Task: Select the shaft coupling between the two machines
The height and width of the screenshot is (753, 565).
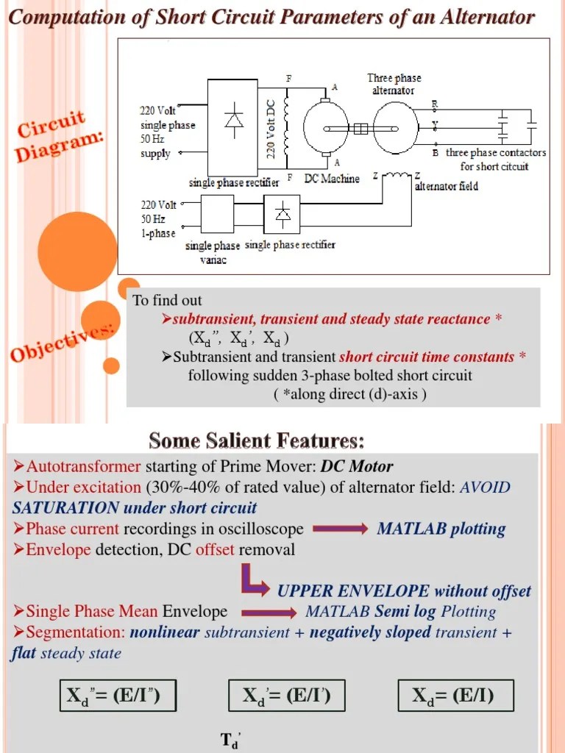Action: click(360, 129)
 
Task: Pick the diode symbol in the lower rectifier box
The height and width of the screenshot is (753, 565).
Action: click(282, 214)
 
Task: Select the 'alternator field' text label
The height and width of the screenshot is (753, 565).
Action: click(446, 187)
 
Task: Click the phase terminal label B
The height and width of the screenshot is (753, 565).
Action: click(436, 153)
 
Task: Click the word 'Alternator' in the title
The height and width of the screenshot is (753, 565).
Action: click(488, 17)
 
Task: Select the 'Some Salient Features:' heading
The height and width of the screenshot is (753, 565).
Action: click(256, 441)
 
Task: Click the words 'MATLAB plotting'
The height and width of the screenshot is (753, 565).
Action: click(441, 529)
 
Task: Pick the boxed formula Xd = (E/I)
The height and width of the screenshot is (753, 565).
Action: click(455, 696)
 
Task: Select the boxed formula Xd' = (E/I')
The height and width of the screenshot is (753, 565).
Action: click(283, 696)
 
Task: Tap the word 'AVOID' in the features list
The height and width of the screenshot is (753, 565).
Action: click(485, 488)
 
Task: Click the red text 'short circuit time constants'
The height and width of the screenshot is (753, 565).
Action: click(427, 357)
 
